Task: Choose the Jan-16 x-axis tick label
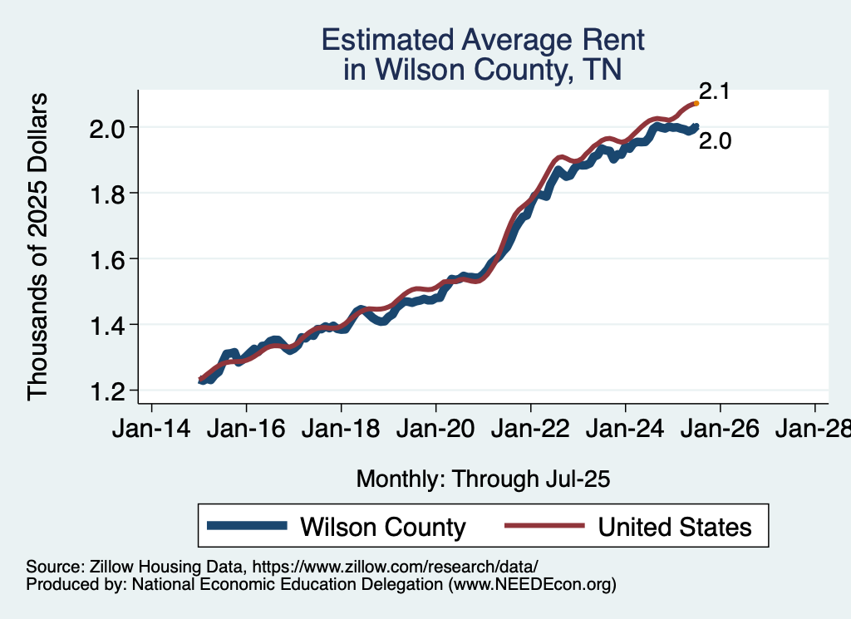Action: [x=246, y=431]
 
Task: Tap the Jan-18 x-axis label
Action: [x=341, y=431]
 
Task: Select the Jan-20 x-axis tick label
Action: [x=435, y=431]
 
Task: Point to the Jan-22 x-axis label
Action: [x=530, y=431]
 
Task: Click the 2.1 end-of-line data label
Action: [x=714, y=92]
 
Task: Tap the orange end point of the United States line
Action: [x=696, y=103]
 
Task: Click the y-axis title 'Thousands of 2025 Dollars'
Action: [x=38, y=247]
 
